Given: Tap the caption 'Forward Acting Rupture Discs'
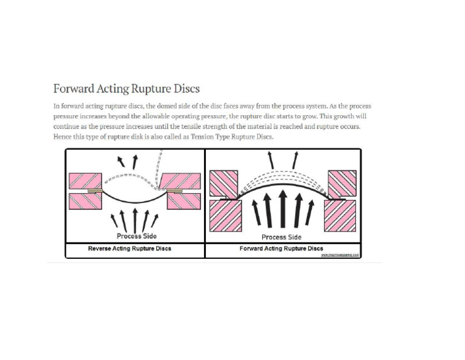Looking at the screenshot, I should [281, 248].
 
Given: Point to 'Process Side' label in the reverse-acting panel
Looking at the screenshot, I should [137, 236].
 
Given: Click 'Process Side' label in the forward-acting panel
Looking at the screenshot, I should [281, 237].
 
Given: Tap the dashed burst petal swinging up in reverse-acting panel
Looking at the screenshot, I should [159, 170].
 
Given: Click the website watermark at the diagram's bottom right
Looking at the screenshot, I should [340, 255].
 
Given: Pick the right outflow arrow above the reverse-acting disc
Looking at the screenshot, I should [135, 161].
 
